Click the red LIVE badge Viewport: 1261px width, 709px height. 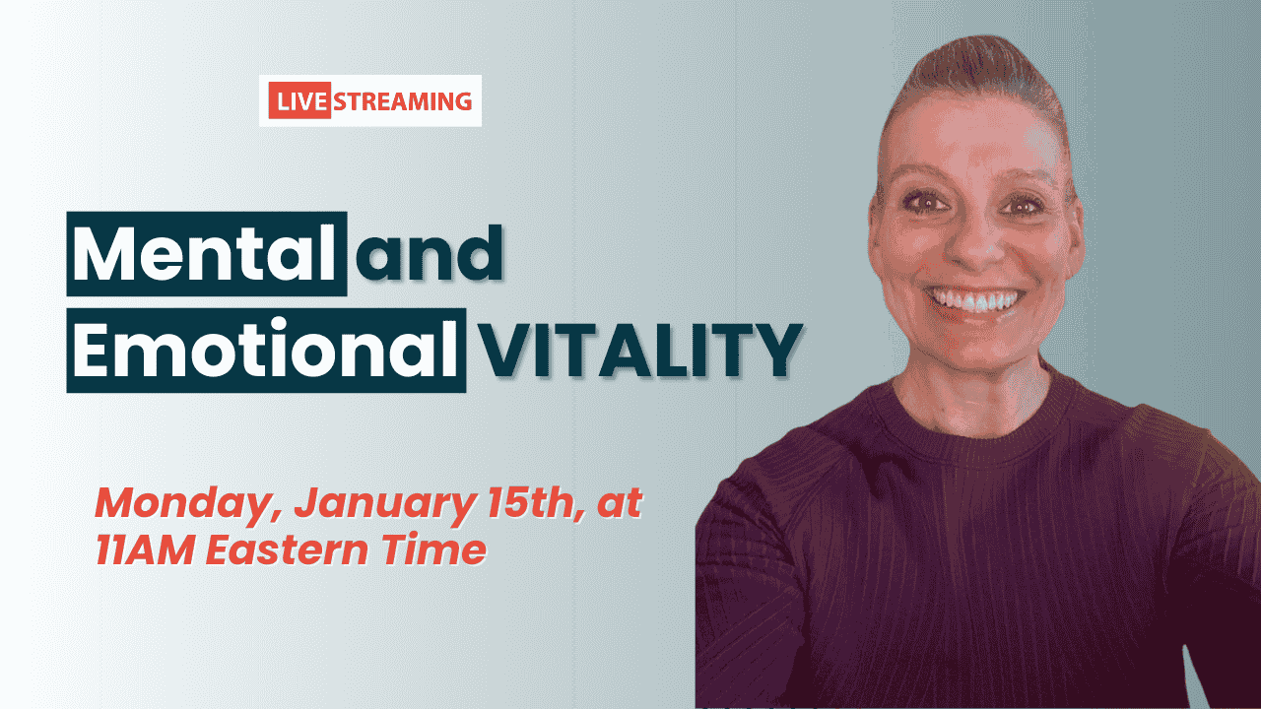coord(299,100)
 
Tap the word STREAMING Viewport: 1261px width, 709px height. coord(403,101)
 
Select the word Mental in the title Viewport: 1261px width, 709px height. coord(204,253)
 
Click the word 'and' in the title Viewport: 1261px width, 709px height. coord(430,253)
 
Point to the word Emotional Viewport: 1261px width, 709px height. coord(265,349)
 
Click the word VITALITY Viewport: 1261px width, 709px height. coord(641,351)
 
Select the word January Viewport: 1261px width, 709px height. coord(384,505)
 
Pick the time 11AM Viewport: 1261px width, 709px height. coord(145,549)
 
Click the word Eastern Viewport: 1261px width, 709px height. coord(287,549)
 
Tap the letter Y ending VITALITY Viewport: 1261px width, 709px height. coord(778,351)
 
